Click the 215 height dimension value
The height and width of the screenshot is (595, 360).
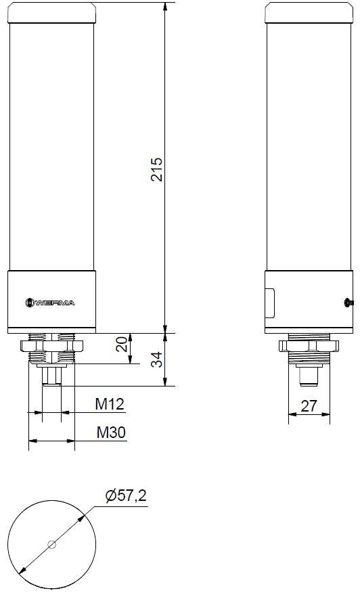click(x=156, y=169)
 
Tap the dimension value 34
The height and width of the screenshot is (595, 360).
click(x=156, y=359)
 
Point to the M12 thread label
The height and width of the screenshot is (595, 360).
click(x=109, y=405)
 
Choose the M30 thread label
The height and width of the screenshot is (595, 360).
click(x=109, y=433)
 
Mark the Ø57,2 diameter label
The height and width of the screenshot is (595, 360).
click(x=126, y=497)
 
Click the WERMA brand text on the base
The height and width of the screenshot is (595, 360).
click(x=57, y=303)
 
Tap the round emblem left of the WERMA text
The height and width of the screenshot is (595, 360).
click(x=29, y=303)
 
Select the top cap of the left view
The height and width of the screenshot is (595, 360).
click(x=51, y=12)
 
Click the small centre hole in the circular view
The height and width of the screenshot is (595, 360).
click(x=51, y=544)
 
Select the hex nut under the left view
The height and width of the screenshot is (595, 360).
click(x=51, y=345)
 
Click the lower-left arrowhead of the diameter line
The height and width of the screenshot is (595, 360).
click(x=23, y=570)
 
